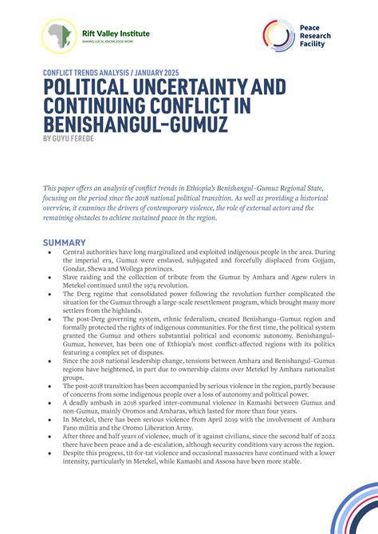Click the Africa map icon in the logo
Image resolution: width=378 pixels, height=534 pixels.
[59, 36]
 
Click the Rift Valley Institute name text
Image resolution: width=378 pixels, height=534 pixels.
[116, 34]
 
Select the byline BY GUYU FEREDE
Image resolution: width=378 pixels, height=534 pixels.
[70, 138]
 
